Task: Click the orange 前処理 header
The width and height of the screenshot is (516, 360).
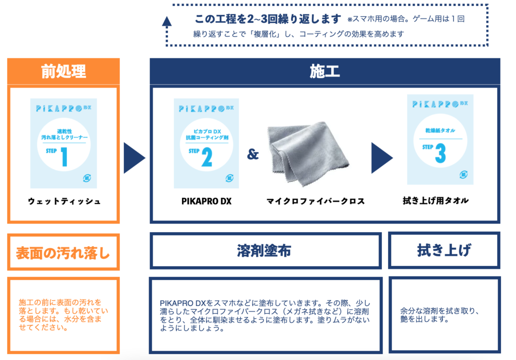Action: click(x=63, y=71)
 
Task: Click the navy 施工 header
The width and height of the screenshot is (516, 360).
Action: click(x=325, y=71)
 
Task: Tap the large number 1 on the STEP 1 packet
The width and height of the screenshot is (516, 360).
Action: click(x=64, y=157)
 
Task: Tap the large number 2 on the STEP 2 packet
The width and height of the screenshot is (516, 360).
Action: click(x=207, y=157)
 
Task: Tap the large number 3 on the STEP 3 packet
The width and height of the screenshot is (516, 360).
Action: click(x=440, y=154)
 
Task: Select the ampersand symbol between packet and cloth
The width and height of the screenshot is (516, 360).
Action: click(x=253, y=155)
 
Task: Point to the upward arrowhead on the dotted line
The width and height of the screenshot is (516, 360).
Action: click(x=167, y=21)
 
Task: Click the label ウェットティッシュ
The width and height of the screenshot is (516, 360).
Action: click(x=64, y=201)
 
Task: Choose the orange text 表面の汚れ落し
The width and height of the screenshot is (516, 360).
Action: click(x=63, y=252)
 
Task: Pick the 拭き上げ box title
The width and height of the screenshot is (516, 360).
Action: click(x=444, y=250)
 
